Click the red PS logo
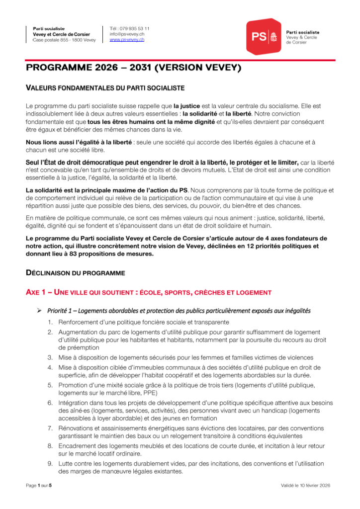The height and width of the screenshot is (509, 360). (264, 36)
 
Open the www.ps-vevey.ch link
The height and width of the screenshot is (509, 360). (127, 39)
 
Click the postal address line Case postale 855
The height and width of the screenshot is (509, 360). (64, 40)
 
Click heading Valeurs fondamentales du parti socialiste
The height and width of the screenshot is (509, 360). (105, 88)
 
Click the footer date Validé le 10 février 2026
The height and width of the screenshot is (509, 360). (305, 485)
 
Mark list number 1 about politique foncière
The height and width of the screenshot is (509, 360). (51, 322)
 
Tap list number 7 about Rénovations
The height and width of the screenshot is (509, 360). (51, 428)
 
